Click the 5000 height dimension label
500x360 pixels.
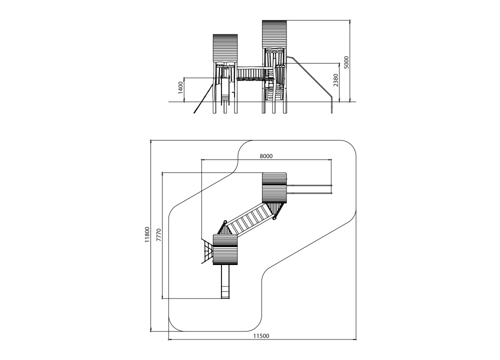pyautogui.click(x=346, y=62)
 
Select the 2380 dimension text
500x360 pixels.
pyautogui.click(x=336, y=80)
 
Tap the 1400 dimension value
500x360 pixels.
pyautogui.click(x=181, y=87)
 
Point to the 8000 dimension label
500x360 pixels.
pyautogui.click(x=266, y=156)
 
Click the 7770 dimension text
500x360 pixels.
pyautogui.click(x=159, y=235)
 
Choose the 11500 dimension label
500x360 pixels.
pyautogui.click(x=261, y=336)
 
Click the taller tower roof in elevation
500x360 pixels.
pyautogui.click(x=275, y=34)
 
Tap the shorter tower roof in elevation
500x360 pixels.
pyautogui.click(x=225, y=48)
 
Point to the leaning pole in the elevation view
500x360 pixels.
pyautogui.click(x=203, y=96)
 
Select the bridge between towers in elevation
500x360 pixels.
pyautogui.click(x=250, y=74)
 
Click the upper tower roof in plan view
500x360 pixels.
pyautogui.click(x=274, y=188)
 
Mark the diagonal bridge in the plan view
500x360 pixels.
pyautogui.click(x=249, y=218)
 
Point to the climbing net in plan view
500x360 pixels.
pyautogui.click(x=207, y=251)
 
